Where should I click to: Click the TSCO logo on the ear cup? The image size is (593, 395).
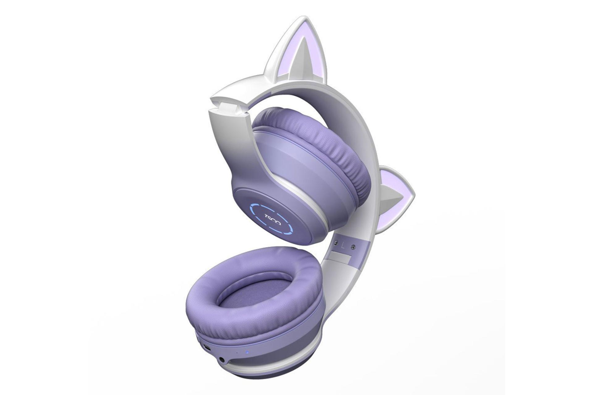(x=274, y=219)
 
